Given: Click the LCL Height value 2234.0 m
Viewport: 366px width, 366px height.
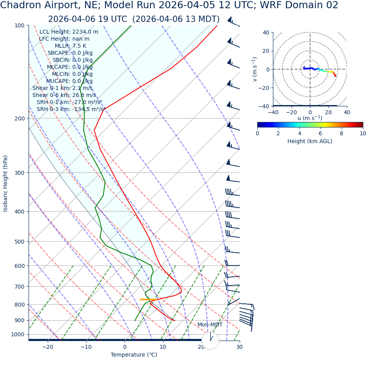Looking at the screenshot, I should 85,32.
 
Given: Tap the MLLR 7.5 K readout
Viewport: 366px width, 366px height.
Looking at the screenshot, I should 70,46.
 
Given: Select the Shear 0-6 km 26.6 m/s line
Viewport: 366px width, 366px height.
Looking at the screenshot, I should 64,95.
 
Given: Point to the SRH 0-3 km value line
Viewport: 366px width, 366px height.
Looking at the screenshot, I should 71,109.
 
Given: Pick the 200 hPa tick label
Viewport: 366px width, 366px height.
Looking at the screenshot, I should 19,118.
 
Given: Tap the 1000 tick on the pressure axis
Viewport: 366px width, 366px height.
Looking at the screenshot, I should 18,334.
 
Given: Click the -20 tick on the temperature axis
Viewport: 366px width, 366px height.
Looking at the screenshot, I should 48,347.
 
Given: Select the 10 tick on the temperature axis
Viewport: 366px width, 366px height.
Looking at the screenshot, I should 163,347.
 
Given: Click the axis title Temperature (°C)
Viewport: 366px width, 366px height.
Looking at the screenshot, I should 134,355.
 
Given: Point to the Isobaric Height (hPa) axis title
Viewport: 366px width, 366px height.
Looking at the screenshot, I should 5,183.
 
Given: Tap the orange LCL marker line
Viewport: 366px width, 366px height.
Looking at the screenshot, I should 148,300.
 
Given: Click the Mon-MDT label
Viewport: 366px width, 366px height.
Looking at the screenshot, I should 210,325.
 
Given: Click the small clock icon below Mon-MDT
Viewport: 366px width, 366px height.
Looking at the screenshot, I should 210,340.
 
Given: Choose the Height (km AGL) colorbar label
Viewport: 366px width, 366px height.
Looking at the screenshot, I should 310,141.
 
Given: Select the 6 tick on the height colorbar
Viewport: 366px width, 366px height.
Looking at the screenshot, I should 321,133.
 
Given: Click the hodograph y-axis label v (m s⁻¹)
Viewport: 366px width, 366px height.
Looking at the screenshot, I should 255,69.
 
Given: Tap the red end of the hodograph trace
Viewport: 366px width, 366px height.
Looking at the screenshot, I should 335,75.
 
